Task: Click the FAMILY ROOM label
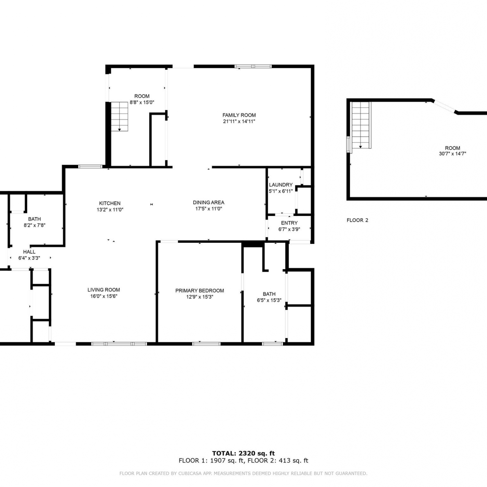(239, 115)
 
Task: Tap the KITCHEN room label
(110, 203)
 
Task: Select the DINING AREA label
(208, 202)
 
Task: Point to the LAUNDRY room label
(281, 185)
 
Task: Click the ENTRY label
(289, 223)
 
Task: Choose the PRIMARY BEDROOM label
(200, 291)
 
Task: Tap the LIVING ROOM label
(104, 290)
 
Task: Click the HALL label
(29, 252)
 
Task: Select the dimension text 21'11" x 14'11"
(239, 121)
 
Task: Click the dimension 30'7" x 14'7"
(453, 154)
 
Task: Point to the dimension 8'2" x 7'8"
(34, 225)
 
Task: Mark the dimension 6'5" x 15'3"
(269, 300)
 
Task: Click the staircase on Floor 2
(361, 125)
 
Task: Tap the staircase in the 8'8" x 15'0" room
(119, 116)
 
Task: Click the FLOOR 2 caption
(357, 220)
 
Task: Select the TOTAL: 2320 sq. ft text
(243, 453)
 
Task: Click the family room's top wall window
(253, 67)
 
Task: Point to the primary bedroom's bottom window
(206, 343)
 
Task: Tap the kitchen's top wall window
(90, 167)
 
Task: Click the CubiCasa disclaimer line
(243, 473)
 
